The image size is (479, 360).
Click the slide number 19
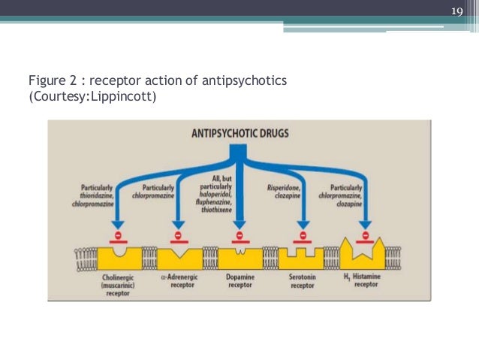coord(457,10)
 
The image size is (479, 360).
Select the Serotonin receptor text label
coord(303,281)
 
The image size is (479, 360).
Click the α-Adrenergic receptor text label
coord(177,281)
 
